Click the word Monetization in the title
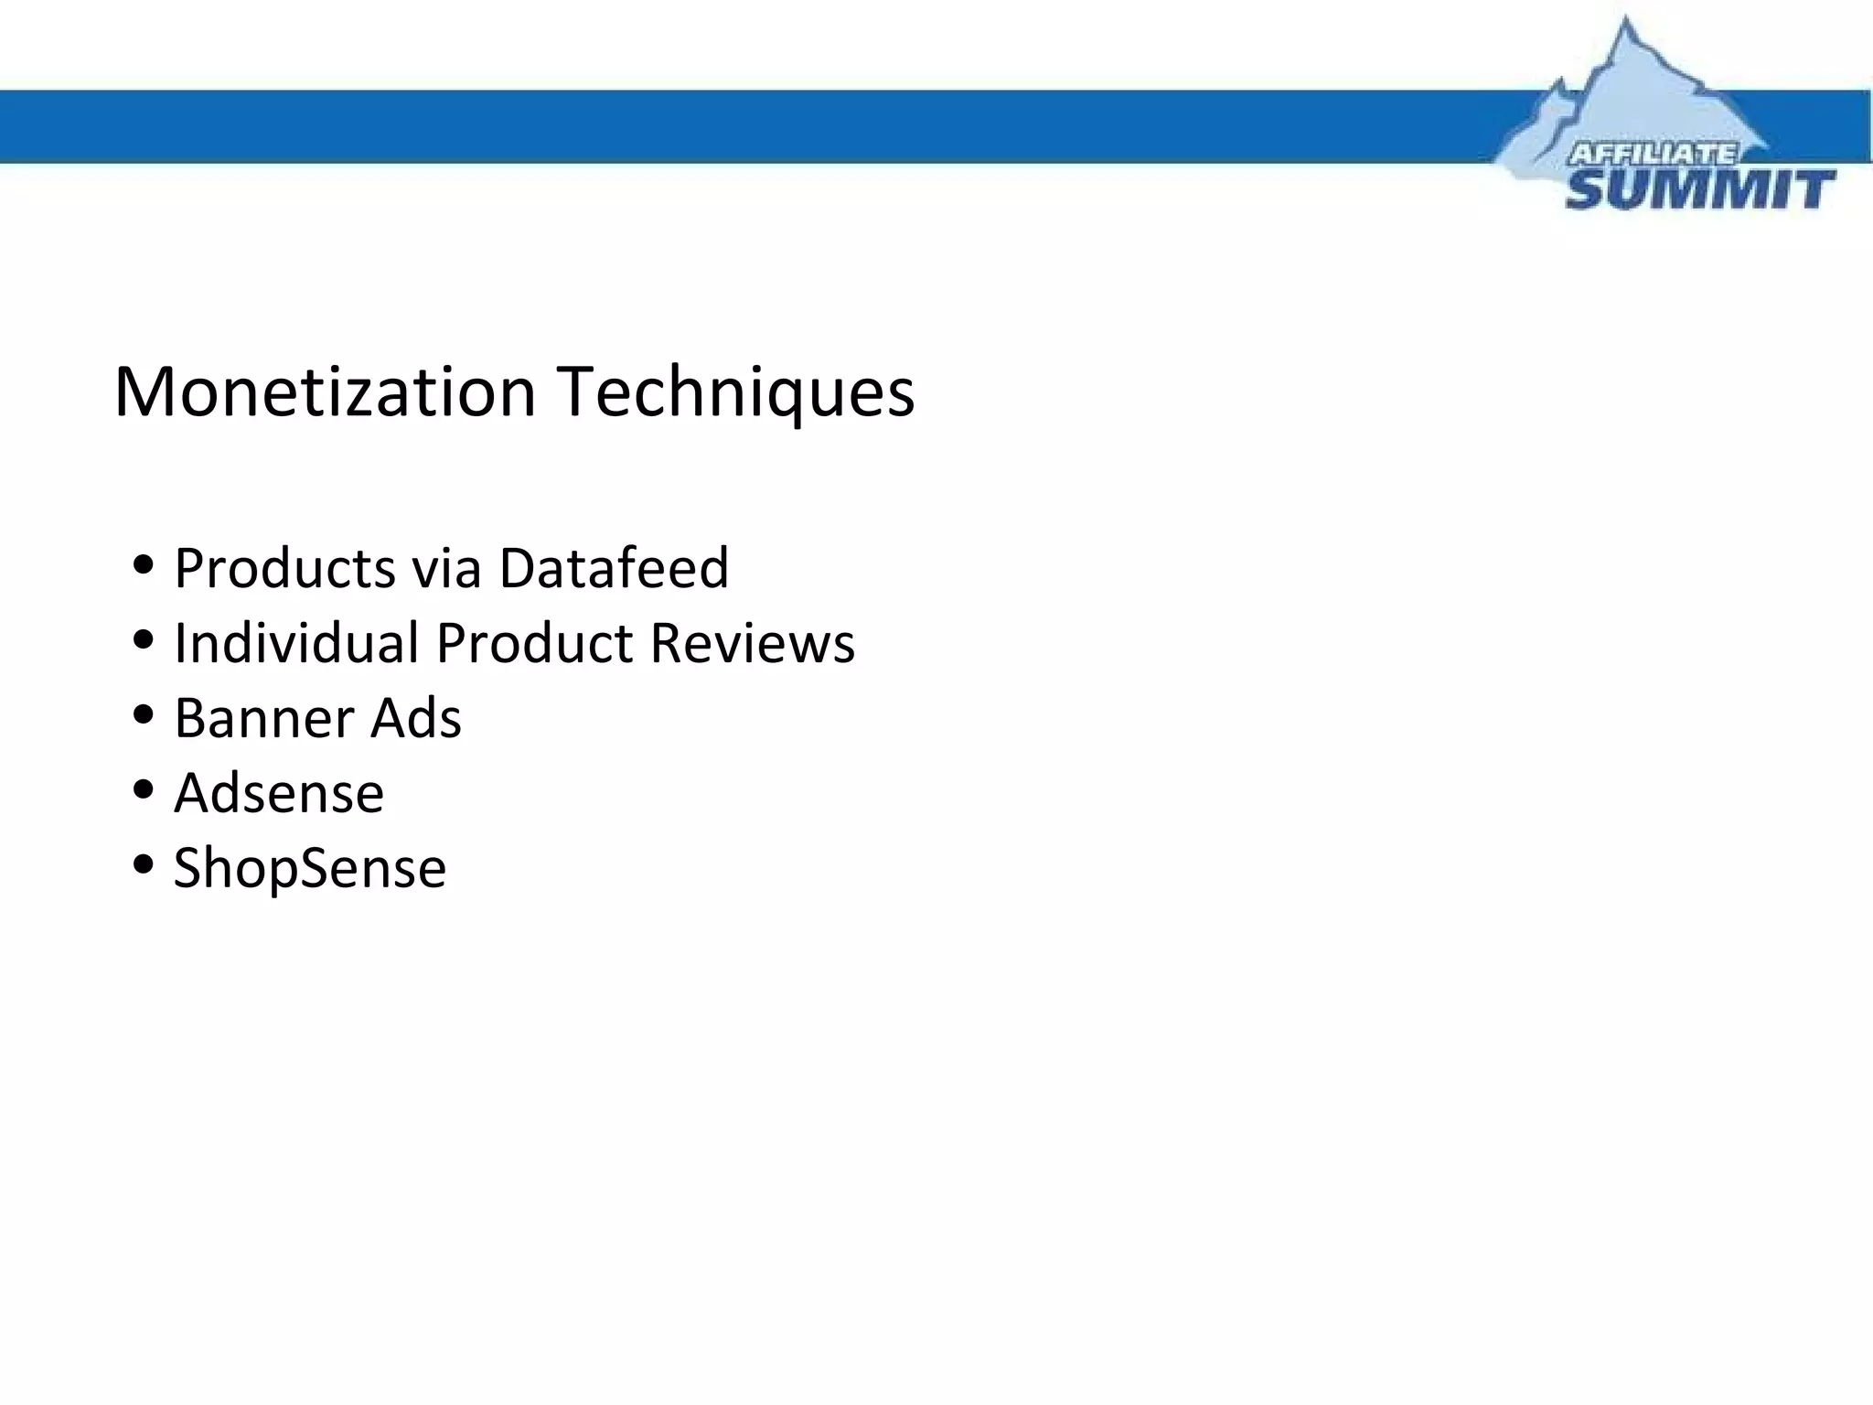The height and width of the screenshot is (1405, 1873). [325, 391]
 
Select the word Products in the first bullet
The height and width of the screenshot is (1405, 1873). [284, 568]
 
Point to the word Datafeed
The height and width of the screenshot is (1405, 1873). [614, 568]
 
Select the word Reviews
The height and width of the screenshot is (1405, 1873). [753, 643]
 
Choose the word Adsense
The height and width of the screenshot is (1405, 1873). [279, 793]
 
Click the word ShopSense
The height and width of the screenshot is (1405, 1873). [310, 868]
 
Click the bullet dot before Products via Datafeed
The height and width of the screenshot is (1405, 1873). [143, 564]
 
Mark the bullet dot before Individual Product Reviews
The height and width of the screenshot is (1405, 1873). [143, 639]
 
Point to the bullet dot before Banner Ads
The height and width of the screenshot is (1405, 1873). [143, 714]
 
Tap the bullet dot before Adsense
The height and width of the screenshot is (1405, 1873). [143, 789]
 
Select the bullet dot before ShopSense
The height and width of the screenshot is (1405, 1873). [143, 864]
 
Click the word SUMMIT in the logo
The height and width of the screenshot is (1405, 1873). [1699, 190]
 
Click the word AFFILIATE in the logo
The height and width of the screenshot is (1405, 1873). [1653, 154]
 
